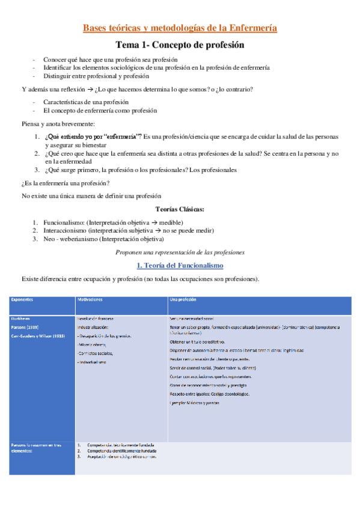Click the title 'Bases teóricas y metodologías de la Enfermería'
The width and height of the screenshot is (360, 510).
tap(180, 28)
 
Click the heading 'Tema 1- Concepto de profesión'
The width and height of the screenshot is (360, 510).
tap(180, 45)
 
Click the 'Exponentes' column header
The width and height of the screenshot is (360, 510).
tap(22, 299)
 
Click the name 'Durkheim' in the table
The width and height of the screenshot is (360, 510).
tap(20, 318)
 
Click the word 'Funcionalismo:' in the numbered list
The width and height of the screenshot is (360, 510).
tap(64, 222)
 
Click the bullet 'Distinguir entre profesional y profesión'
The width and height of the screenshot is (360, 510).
tap(96, 76)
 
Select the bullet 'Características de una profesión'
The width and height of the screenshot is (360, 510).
tap(86, 102)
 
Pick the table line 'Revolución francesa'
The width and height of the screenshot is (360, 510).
tap(96, 318)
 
